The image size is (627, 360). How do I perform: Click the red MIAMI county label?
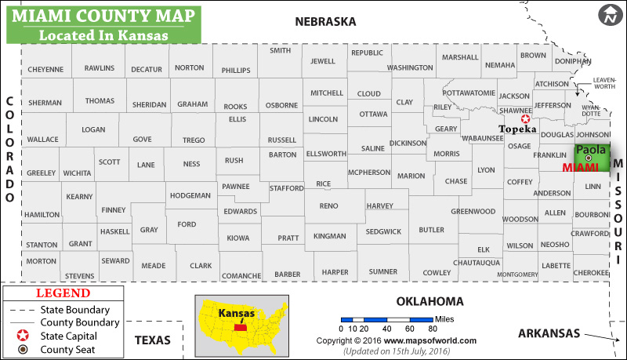581,167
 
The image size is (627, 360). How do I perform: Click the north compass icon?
611,14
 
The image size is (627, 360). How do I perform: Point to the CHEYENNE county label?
45,69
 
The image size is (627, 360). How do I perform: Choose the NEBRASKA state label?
325,22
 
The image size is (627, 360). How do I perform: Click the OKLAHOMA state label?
429,301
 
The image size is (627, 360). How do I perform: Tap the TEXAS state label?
153,340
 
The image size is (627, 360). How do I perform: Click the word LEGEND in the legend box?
63,293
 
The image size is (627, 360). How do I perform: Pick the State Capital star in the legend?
24,336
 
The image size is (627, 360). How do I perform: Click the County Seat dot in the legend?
24,350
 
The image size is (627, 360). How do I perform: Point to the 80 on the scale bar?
431,329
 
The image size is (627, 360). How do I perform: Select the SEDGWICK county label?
383,231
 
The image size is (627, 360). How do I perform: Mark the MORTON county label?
41,261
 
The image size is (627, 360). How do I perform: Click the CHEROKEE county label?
590,272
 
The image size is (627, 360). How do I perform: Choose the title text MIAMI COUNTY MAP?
103,16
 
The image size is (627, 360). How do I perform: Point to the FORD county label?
187,224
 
